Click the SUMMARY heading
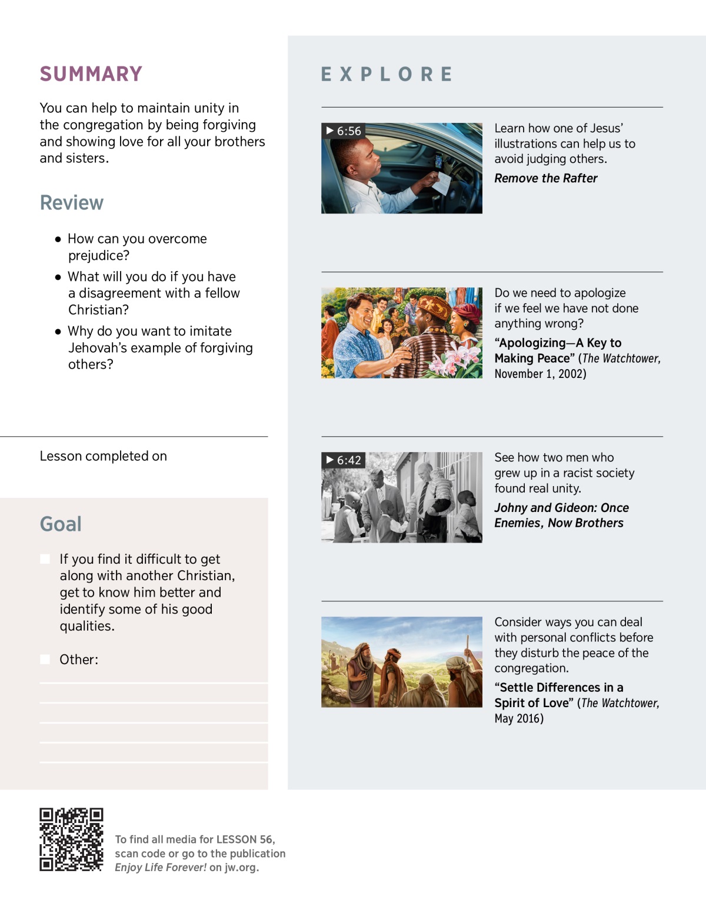tap(91, 74)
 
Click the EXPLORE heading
tap(387, 75)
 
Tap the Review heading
tap(72, 203)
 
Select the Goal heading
tap(61, 524)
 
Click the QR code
tap(71, 839)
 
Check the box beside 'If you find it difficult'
tap(45, 559)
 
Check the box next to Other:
tap(45, 660)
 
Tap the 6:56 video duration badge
tap(344, 131)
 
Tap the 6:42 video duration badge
tap(344, 460)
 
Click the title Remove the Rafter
tap(545, 179)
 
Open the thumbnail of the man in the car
tap(402, 168)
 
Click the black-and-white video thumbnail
tap(402, 497)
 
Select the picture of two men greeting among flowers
tap(402, 333)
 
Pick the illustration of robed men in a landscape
tap(402, 662)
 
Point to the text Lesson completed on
tap(104, 457)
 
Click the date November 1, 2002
tap(540, 374)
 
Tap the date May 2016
tap(518, 719)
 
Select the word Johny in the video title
tap(511, 508)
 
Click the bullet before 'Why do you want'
tap(58, 332)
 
